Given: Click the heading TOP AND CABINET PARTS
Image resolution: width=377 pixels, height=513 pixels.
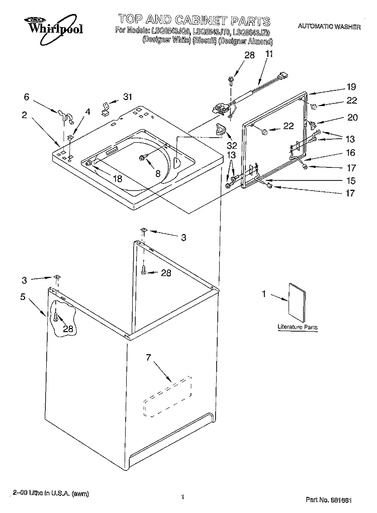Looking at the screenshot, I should (x=194, y=21).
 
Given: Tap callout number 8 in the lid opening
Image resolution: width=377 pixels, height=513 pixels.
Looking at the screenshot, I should (x=157, y=173).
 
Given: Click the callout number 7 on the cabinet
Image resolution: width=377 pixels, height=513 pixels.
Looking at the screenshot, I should (x=148, y=358).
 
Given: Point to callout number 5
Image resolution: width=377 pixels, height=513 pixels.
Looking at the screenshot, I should (x=23, y=297).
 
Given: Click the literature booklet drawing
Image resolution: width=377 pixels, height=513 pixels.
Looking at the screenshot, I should (x=297, y=302).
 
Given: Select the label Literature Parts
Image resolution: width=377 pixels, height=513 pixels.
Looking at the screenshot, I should (x=298, y=328).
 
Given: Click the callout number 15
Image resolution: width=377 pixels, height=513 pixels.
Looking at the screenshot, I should (x=351, y=180).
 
